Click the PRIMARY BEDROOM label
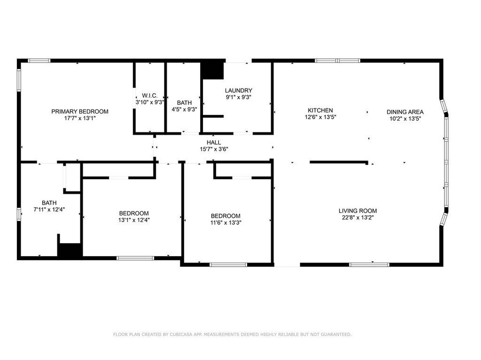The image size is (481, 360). [80, 112]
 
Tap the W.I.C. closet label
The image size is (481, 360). [150, 96]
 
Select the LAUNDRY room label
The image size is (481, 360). [239, 90]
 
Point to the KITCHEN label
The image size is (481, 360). [320, 111]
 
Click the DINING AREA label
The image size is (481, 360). [405, 112]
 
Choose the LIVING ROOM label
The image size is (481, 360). [358, 211]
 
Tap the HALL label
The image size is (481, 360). [214, 143]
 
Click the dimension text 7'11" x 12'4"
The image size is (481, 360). [49, 210]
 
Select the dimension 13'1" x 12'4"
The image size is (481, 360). [134, 220]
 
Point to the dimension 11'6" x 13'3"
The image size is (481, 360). [226, 223]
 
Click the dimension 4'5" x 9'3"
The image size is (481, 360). [184, 109]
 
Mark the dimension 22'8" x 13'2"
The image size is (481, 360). [358, 217]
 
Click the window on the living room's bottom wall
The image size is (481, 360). [369, 265]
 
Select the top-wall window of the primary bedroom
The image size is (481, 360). [39, 61]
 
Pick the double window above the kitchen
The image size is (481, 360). [338, 61]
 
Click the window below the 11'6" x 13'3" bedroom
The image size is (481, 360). [228, 265]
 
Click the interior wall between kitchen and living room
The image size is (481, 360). [339, 162]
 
